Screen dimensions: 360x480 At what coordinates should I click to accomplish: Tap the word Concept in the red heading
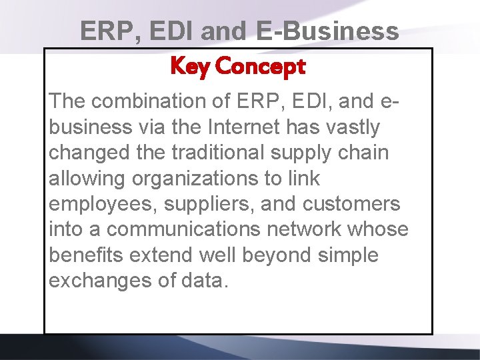pos(261,67)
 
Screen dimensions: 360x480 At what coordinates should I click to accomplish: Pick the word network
pos(304,229)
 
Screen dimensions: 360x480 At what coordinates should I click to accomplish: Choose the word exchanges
pos(101,281)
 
